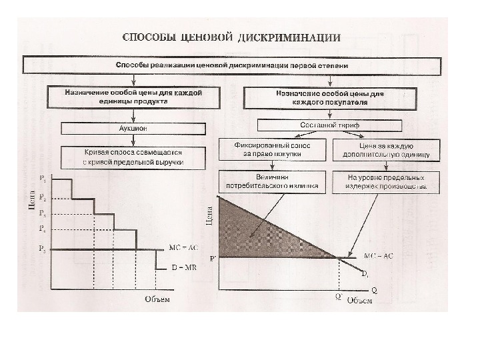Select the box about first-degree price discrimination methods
(231, 66)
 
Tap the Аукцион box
(135, 127)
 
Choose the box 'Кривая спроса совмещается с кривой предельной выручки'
(134, 157)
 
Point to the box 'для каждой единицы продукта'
(133, 97)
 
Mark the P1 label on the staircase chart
(43, 179)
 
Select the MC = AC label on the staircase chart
(183, 247)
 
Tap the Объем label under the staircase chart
(157, 299)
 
